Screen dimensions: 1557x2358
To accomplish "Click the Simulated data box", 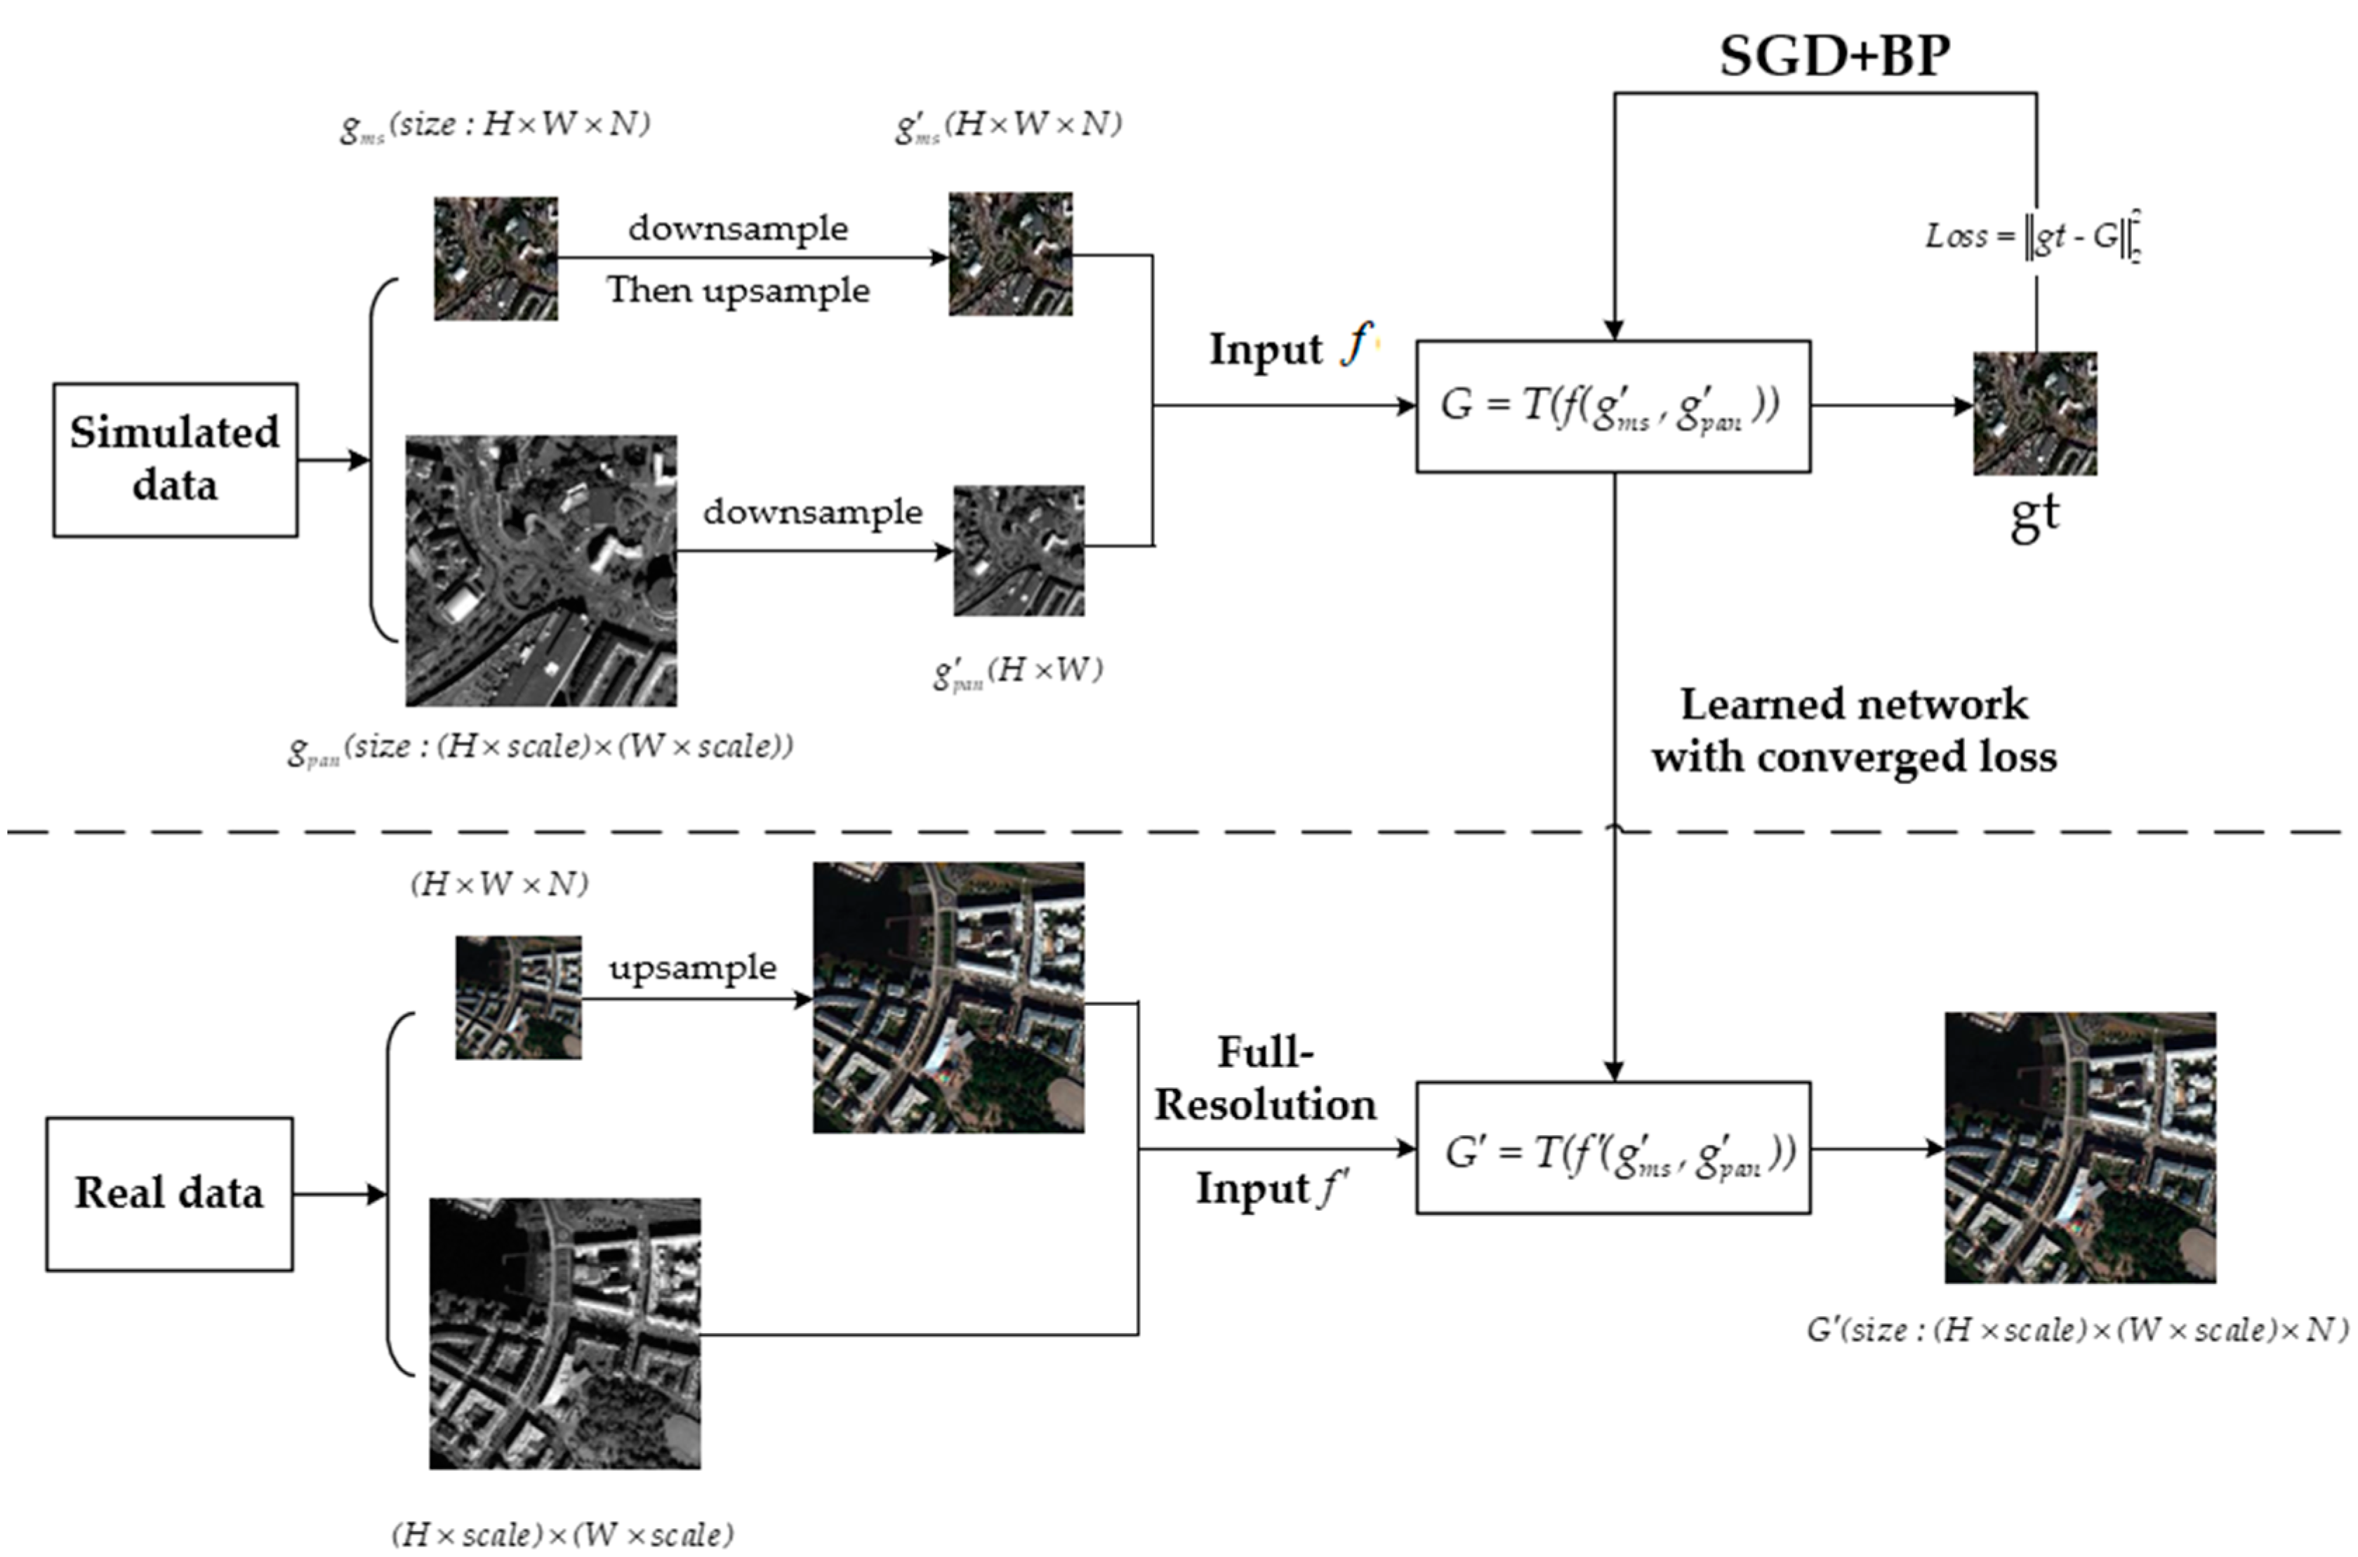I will tap(175, 460).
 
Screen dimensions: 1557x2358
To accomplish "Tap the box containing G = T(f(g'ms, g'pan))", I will tap(1612, 406).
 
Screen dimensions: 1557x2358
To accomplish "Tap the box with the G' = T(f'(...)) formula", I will tap(1612, 1148).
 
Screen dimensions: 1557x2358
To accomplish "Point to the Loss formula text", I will tap(2030, 237).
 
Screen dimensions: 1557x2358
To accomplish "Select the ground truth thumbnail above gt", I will tap(2034, 413).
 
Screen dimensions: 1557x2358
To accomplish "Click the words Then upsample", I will tap(738, 291).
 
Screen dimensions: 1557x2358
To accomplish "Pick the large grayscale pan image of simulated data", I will tap(541, 570).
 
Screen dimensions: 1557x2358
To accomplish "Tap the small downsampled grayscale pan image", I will tap(1019, 550).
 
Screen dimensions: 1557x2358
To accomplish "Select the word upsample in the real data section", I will tap(693, 967).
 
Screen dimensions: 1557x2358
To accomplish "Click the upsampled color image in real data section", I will tap(948, 997).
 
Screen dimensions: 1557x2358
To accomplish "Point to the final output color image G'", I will tap(2080, 1148).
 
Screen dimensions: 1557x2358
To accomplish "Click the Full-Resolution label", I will tap(1265, 1078).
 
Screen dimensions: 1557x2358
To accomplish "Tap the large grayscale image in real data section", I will tap(564, 1332).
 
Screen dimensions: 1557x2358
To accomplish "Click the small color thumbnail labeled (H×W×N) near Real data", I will tap(518, 997).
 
